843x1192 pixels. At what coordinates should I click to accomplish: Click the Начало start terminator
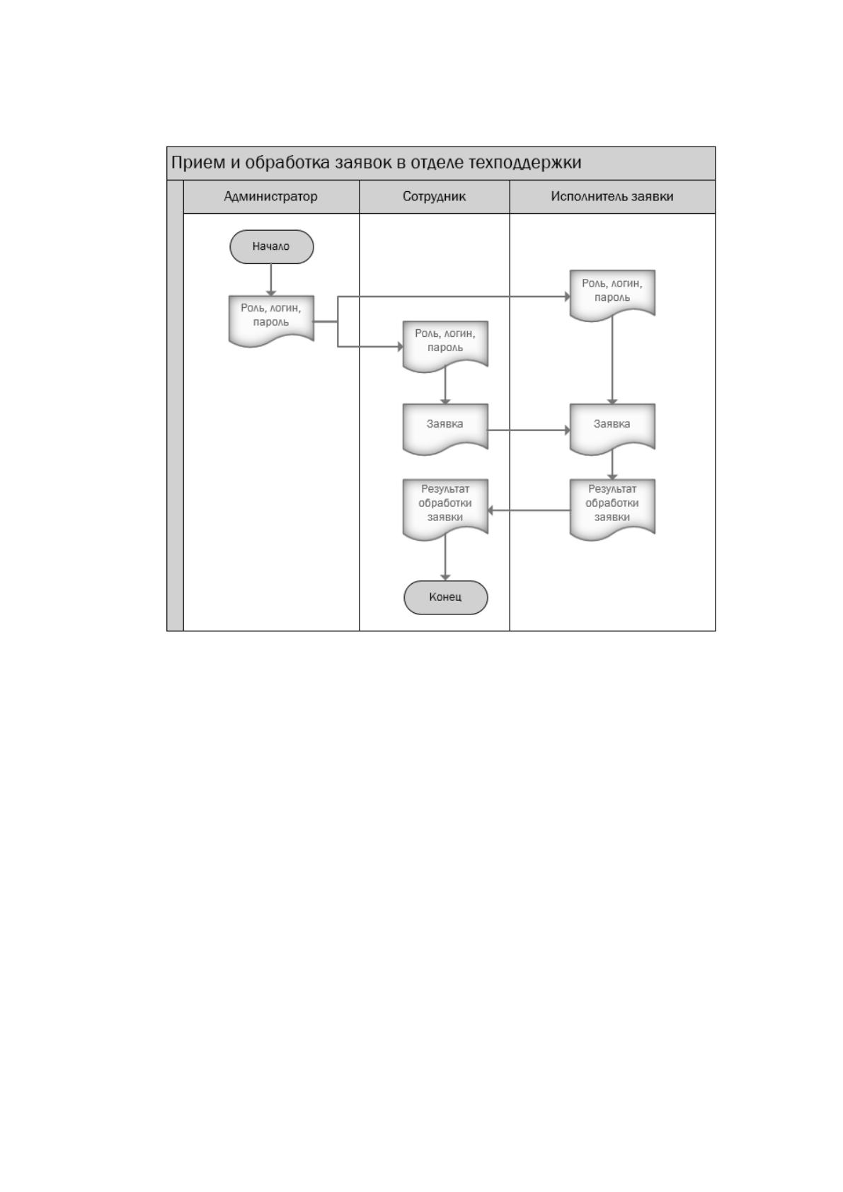tap(271, 247)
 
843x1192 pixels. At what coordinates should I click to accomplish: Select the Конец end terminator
tap(445, 597)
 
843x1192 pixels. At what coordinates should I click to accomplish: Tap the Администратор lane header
tap(271, 197)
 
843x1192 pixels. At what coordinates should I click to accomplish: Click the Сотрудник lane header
tap(435, 197)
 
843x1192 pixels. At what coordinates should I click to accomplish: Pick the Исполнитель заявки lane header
tap(612, 197)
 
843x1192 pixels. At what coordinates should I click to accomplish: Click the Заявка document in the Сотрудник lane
tap(445, 429)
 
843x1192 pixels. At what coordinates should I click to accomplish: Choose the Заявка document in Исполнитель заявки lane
tap(612, 429)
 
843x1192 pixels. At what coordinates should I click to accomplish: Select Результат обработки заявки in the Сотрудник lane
tap(445, 509)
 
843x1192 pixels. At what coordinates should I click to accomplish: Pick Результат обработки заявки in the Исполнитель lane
tap(612, 509)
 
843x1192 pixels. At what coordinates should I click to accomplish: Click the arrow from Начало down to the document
tap(271, 280)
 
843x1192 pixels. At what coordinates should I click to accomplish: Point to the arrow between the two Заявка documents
tap(529, 430)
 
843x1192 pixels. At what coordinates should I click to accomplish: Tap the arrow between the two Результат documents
tap(529, 510)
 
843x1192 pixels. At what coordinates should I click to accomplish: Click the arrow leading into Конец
tap(445, 557)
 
